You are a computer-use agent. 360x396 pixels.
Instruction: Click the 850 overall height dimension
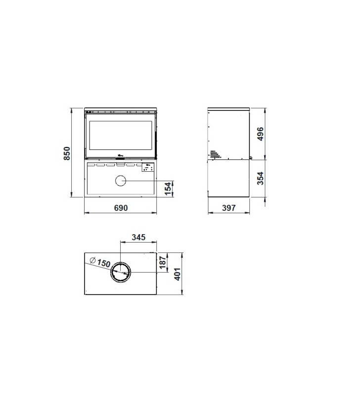(67, 153)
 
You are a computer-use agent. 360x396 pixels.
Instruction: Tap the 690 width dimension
(121, 208)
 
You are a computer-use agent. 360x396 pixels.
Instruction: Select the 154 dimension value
(168, 189)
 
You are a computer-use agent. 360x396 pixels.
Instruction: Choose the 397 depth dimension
(229, 208)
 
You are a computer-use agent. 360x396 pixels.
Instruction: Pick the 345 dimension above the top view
(139, 237)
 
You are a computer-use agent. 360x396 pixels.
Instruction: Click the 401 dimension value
(178, 274)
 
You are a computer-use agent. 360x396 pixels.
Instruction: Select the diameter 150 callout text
(100, 262)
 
